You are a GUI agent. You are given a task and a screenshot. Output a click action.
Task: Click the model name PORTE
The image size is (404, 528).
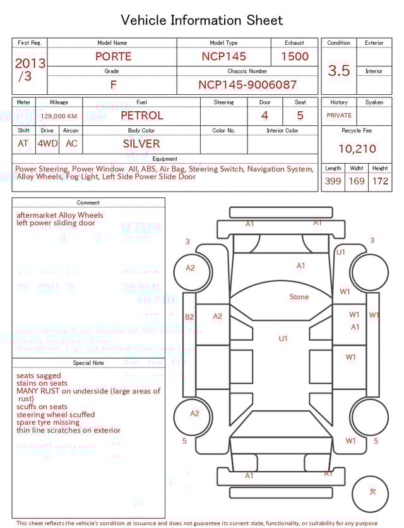click(113, 56)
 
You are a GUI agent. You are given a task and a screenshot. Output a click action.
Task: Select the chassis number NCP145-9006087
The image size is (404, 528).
click(247, 85)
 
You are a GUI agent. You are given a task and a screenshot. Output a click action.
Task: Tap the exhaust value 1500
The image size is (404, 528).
click(295, 56)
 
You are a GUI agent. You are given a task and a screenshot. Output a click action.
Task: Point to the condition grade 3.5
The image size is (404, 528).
click(339, 70)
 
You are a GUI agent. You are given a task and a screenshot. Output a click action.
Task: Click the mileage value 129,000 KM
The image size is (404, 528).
click(59, 116)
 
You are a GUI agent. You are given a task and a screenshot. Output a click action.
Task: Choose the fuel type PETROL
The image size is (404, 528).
click(141, 116)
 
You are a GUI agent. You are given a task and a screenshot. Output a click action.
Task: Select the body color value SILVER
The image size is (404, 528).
click(141, 144)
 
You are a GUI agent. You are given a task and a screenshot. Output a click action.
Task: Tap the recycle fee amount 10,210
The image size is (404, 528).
click(357, 149)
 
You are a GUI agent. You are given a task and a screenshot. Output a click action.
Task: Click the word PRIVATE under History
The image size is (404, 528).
click(339, 116)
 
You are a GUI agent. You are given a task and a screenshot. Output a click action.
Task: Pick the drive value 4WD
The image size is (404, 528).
click(47, 144)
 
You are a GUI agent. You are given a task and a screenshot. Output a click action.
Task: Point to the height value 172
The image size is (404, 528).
click(380, 181)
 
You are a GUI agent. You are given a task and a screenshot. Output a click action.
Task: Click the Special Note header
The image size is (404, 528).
click(88, 363)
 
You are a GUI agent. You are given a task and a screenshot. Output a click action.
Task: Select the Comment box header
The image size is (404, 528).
click(88, 203)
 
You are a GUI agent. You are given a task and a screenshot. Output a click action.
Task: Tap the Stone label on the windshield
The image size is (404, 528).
click(299, 297)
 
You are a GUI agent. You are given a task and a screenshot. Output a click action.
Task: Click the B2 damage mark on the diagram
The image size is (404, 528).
click(189, 317)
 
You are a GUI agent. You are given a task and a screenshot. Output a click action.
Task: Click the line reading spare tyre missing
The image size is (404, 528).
click(48, 422)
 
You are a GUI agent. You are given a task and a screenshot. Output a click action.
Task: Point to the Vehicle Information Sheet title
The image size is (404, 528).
click(202, 20)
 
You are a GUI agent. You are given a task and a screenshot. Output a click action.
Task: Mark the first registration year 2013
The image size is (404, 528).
click(30, 63)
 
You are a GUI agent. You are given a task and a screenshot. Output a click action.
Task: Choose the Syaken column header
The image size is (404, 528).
click(374, 102)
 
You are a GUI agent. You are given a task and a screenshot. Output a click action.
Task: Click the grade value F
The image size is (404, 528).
click(114, 85)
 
